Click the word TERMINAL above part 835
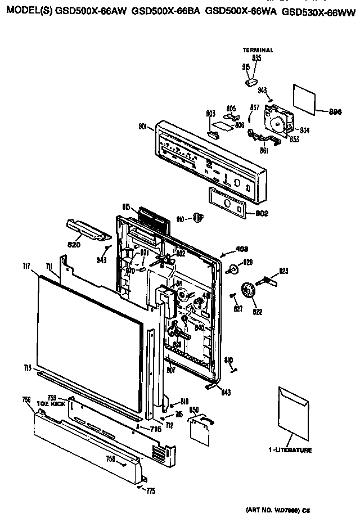[x=258, y=50]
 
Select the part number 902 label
[x=262, y=213]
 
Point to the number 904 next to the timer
[x=304, y=130]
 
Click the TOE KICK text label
[x=47, y=404]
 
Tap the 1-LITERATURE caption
[x=290, y=450]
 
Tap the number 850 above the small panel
[x=194, y=411]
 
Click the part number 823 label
[x=283, y=271]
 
